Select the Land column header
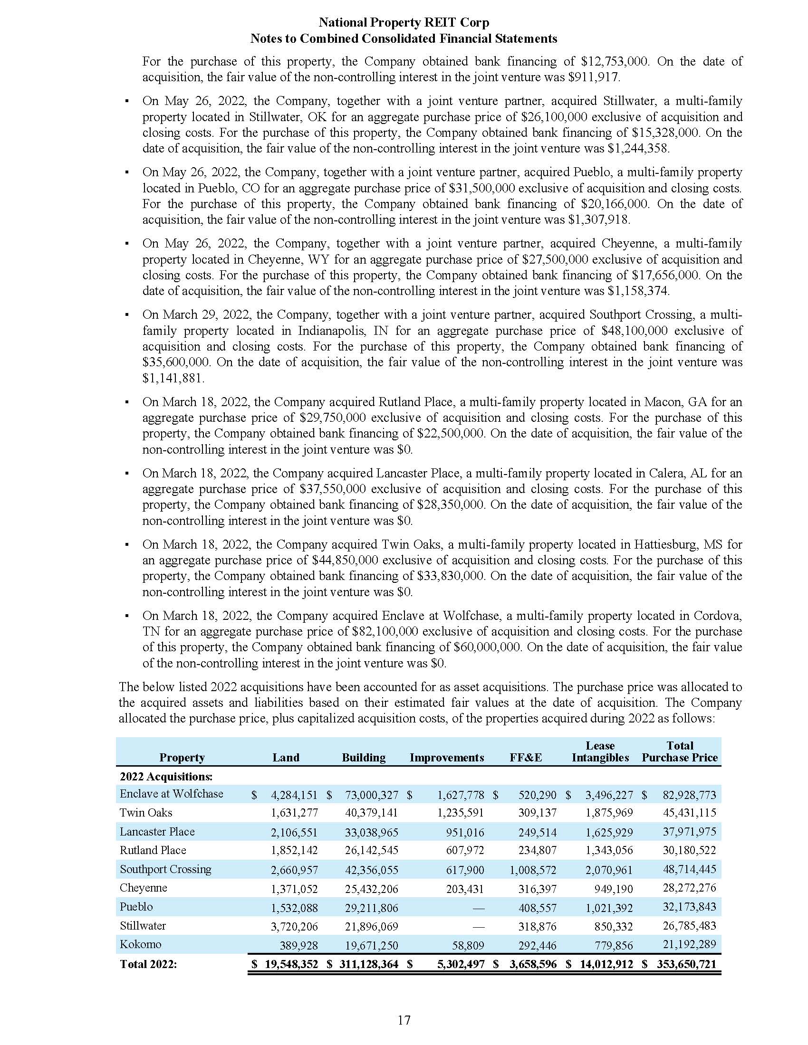point(286,758)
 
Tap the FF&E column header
point(526,758)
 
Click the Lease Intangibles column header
point(600,752)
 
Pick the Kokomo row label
point(140,944)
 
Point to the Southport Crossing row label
point(165,869)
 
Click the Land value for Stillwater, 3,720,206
point(294,926)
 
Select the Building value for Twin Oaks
point(371,812)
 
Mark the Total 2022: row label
point(148,964)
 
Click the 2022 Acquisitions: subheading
point(165,776)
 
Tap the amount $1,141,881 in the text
point(173,378)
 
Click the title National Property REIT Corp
point(404,22)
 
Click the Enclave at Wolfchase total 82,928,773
point(689,795)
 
